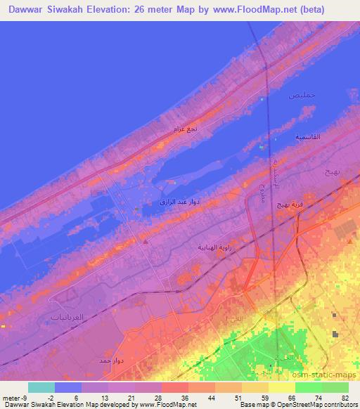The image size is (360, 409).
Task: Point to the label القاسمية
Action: pos(307,136)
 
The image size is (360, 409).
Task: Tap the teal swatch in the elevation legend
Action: pos(41,387)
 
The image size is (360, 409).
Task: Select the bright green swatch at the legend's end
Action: pos(335,387)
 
